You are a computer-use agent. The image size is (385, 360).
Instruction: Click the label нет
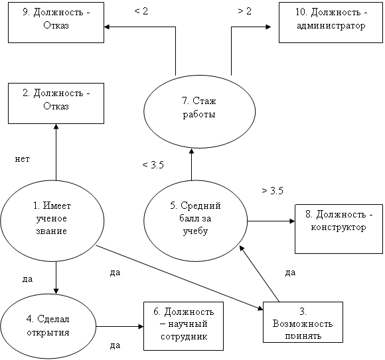pyautogui.click(x=23, y=159)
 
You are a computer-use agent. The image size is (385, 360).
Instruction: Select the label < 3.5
pyautogui.click(x=153, y=165)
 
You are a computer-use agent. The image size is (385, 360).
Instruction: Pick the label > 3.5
pyautogui.click(x=272, y=190)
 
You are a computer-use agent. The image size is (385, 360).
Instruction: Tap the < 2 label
pyautogui.click(x=141, y=11)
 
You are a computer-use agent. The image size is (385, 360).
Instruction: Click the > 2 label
pyautogui.click(x=244, y=11)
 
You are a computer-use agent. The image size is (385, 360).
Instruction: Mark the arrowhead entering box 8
pyautogui.click(x=292, y=221)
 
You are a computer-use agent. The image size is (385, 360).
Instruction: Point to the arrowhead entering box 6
pyautogui.click(x=141, y=326)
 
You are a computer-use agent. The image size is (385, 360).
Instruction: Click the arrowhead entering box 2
pyautogui.click(x=56, y=127)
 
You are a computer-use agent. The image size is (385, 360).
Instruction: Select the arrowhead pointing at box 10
pyautogui.click(x=268, y=27)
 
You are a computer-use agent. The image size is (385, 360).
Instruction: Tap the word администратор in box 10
pyautogui.click(x=331, y=26)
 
